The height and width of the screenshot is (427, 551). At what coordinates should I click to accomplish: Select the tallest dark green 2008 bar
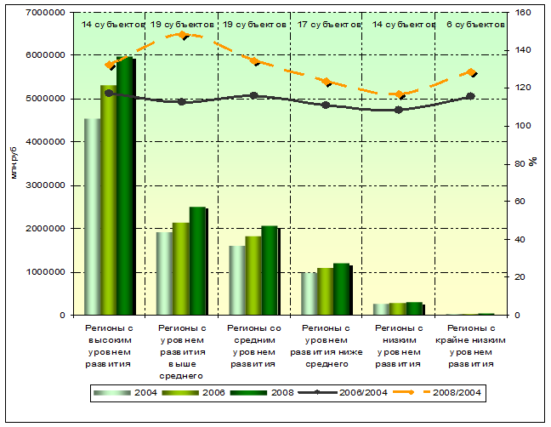tap(125, 186)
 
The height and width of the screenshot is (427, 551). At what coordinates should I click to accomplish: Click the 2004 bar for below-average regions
tap(309, 293)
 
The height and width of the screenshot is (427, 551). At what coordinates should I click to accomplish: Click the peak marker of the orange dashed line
tap(182, 35)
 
